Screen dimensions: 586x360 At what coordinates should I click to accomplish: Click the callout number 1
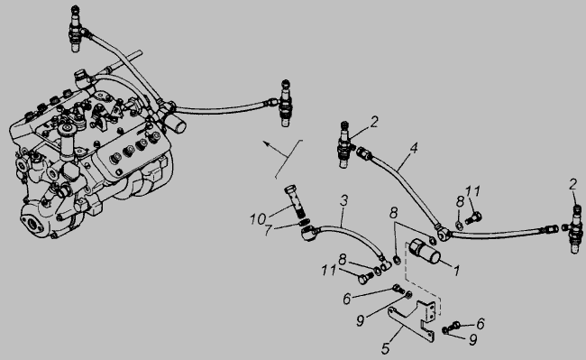(456, 271)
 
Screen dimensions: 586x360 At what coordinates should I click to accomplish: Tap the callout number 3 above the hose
(343, 200)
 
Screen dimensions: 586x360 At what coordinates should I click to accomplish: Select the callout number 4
(413, 148)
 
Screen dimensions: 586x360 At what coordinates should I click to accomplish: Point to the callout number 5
(386, 348)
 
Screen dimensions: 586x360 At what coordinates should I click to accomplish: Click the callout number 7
(268, 230)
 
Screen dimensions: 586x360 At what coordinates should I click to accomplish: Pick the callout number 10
(258, 219)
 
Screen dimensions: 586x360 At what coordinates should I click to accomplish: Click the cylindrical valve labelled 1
(425, 251)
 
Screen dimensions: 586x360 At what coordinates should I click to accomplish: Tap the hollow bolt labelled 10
(295, 200)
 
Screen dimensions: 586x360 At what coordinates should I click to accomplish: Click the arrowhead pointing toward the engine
(265, 143)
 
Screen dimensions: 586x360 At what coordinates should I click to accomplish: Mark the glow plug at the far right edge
(575, 229)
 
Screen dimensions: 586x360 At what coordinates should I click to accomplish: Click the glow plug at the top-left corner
(76, 29)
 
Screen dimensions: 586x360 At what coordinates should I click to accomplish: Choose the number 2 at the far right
(572, 184)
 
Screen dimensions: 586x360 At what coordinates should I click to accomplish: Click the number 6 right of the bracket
(481, 324)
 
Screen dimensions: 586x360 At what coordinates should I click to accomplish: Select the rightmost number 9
(472, 340)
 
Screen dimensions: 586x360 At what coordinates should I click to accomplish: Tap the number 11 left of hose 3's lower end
(329, 271)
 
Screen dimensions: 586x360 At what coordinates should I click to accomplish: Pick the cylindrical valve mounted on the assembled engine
(175, 125)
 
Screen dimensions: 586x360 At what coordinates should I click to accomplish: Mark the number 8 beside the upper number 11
(460, 201)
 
